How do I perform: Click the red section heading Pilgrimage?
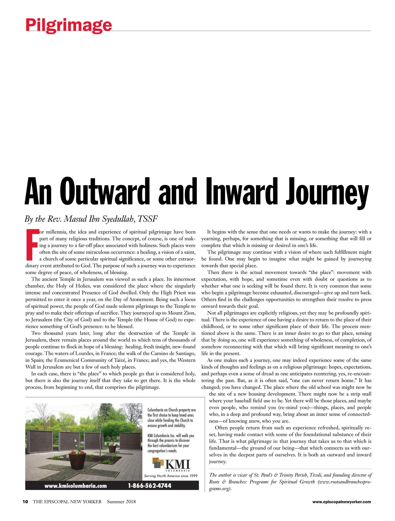[x=68, y=25]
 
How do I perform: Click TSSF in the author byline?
[x=148, y=219]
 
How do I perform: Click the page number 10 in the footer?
[x=25, y=502]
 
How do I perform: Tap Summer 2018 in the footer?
[x=121, y=502]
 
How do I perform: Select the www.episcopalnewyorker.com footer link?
[x=341, y=502]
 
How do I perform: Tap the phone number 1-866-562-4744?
[x=149, y=486]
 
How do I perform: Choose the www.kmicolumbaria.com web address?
[x=76, y=486]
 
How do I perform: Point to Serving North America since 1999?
[x=171, y=476]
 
